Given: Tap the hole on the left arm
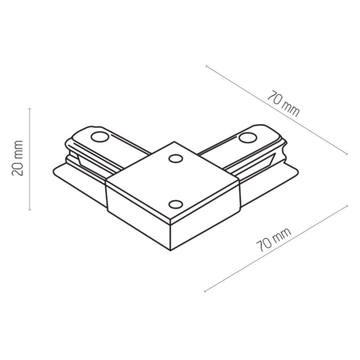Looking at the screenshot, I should [x=99, y=137].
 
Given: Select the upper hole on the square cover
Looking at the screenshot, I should [x=175, y=159].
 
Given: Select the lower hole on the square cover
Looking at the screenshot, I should [x=176, y=204].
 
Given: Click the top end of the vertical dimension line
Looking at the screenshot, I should [x=30, y=108].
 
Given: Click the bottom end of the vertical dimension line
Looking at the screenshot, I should [x=30, y=210].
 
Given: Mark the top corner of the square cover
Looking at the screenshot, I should [x=174, y=142].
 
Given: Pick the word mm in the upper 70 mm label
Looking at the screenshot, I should [x=291, y=109].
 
